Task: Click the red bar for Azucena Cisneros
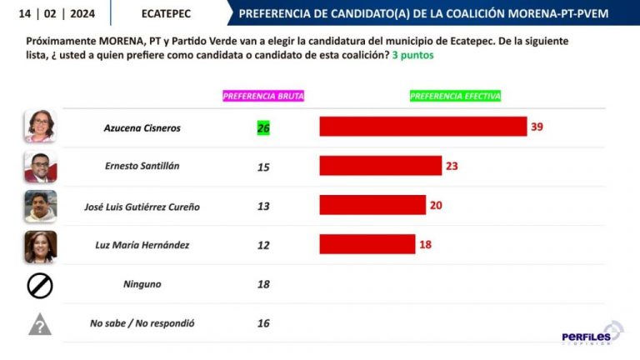coord(423,127)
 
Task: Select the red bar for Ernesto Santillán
coord(381,166)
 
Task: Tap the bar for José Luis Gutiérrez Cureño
coord(372,205)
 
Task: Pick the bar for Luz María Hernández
coord(367,244)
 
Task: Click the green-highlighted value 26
coord(263,128)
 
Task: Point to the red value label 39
coord(537,127)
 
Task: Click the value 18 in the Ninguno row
coord(263,284)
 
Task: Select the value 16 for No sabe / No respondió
coord(263,323)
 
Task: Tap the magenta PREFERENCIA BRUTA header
coord(263,96)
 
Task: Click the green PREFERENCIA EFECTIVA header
coord(456,96)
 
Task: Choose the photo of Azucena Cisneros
coord(40,127)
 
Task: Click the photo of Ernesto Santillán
coord(40,167)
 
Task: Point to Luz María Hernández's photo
coord(40,246)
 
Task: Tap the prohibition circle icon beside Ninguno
coord(40,286)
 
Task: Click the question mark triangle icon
coord(40,325)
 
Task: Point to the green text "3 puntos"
coord(413,55)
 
